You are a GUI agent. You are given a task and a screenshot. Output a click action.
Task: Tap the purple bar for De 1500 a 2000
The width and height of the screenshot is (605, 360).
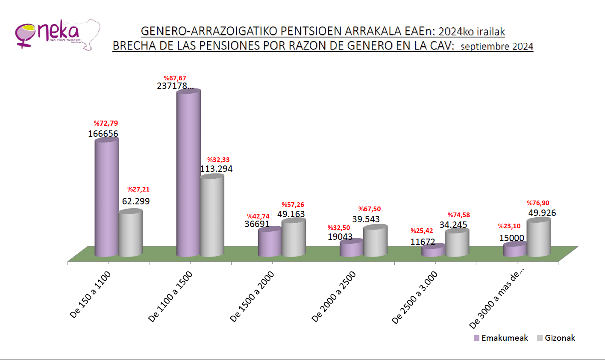[x=270, y=242]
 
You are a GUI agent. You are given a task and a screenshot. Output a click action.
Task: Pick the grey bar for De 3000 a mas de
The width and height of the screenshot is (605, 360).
[x=538, y=238]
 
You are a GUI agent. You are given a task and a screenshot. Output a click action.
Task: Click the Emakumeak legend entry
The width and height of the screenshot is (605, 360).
[x=501, y=338]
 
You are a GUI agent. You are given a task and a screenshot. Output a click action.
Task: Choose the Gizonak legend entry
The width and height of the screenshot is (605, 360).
[x=556, y=338]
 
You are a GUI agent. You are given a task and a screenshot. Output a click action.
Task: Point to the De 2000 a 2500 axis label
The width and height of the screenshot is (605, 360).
[x=334, y=297]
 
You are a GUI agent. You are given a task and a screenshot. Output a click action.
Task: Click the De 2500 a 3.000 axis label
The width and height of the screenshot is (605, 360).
[x=414, y=298]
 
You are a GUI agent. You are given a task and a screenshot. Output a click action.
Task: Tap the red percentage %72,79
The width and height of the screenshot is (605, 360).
[x=106, y=124]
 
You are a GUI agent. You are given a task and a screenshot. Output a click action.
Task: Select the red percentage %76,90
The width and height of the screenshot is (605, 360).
[x=538, y=203]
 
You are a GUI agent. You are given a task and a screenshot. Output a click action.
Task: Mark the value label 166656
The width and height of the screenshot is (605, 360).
[x=103, y=134]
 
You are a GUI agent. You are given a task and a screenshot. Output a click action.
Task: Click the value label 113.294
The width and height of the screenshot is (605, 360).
[x=216, y=169]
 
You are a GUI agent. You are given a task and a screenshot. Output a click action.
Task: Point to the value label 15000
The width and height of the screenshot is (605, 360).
[x=512, y=238]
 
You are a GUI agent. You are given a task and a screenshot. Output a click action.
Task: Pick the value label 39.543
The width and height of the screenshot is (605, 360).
[x=366, y=219]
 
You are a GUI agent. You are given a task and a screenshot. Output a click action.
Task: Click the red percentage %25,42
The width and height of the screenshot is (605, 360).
[x=422, y=231]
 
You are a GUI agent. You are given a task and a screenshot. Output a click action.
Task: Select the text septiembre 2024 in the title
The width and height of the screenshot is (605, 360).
[x=496, y=46]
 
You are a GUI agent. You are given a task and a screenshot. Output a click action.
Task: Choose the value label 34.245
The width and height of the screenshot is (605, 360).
[x=453, y=225]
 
